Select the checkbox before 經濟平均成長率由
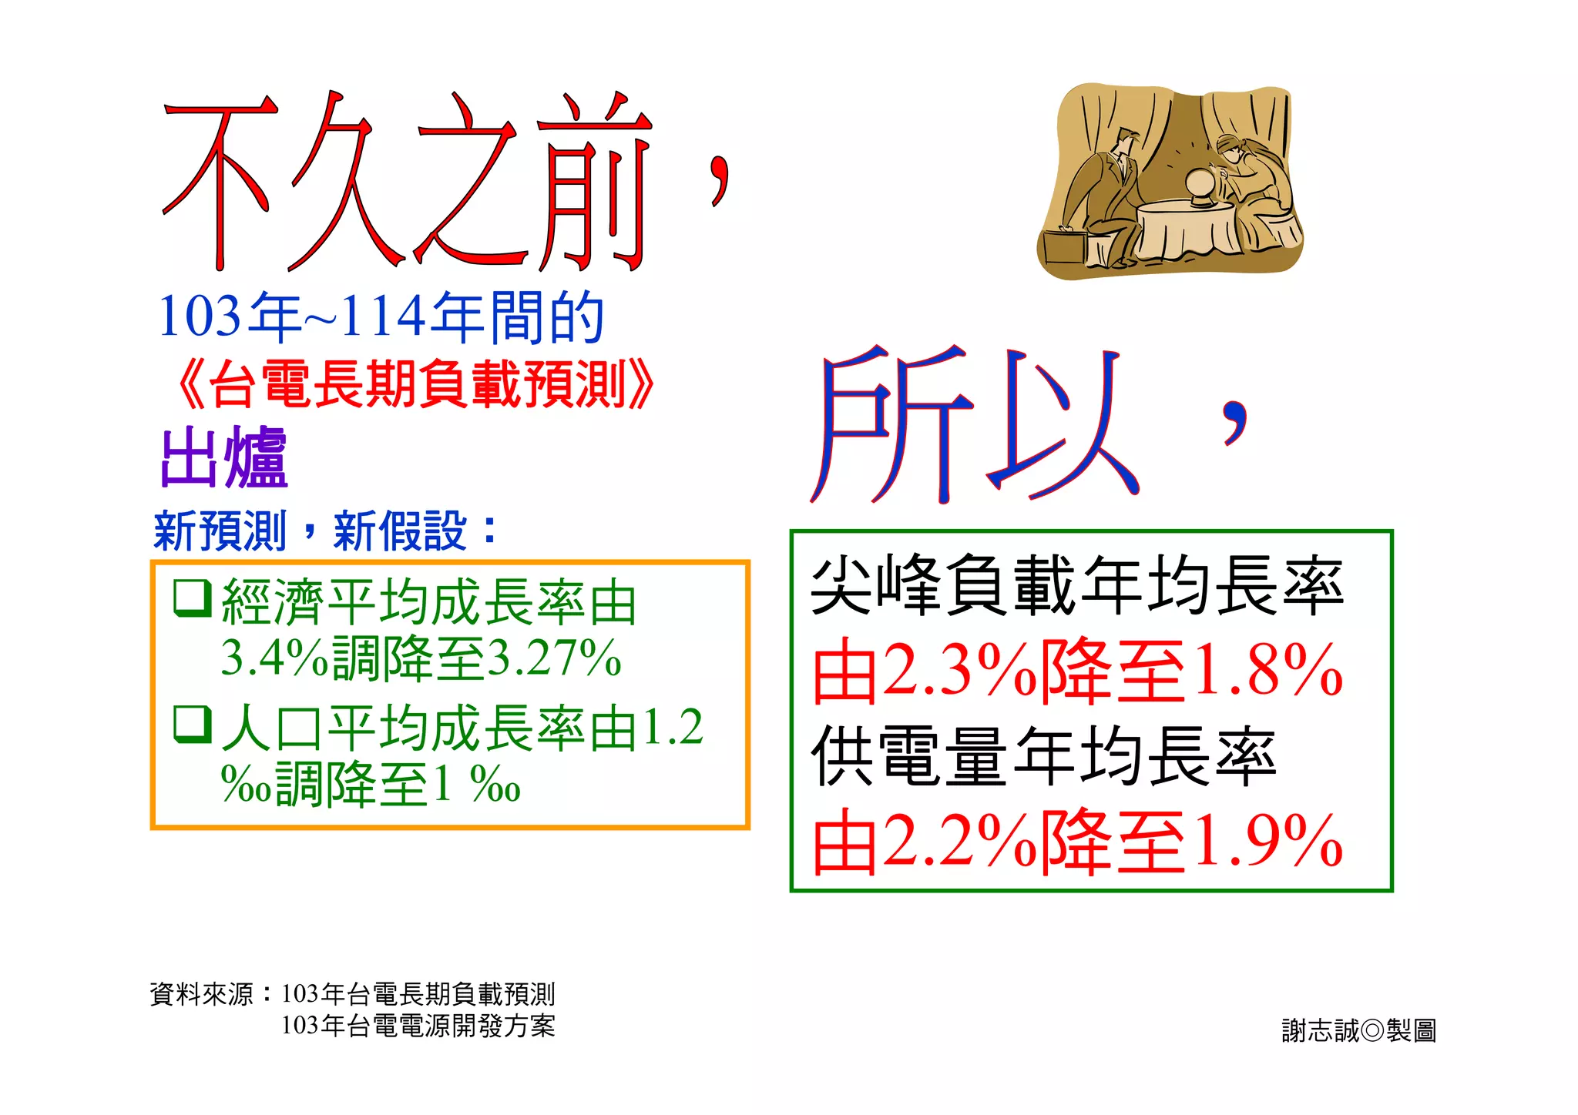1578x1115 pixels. click(193, 598)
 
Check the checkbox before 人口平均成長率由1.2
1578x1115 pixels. click(193, 725)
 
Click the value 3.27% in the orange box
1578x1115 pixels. click(555, 658)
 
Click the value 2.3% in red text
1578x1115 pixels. click(959, 671)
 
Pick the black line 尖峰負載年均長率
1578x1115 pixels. click(1077, 587)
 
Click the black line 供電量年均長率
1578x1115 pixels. click(1044, 757)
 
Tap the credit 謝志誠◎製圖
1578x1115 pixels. click(1358, 1030)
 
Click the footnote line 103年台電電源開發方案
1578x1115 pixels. click(418, 1026)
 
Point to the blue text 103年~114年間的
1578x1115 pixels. click(381, 316)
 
